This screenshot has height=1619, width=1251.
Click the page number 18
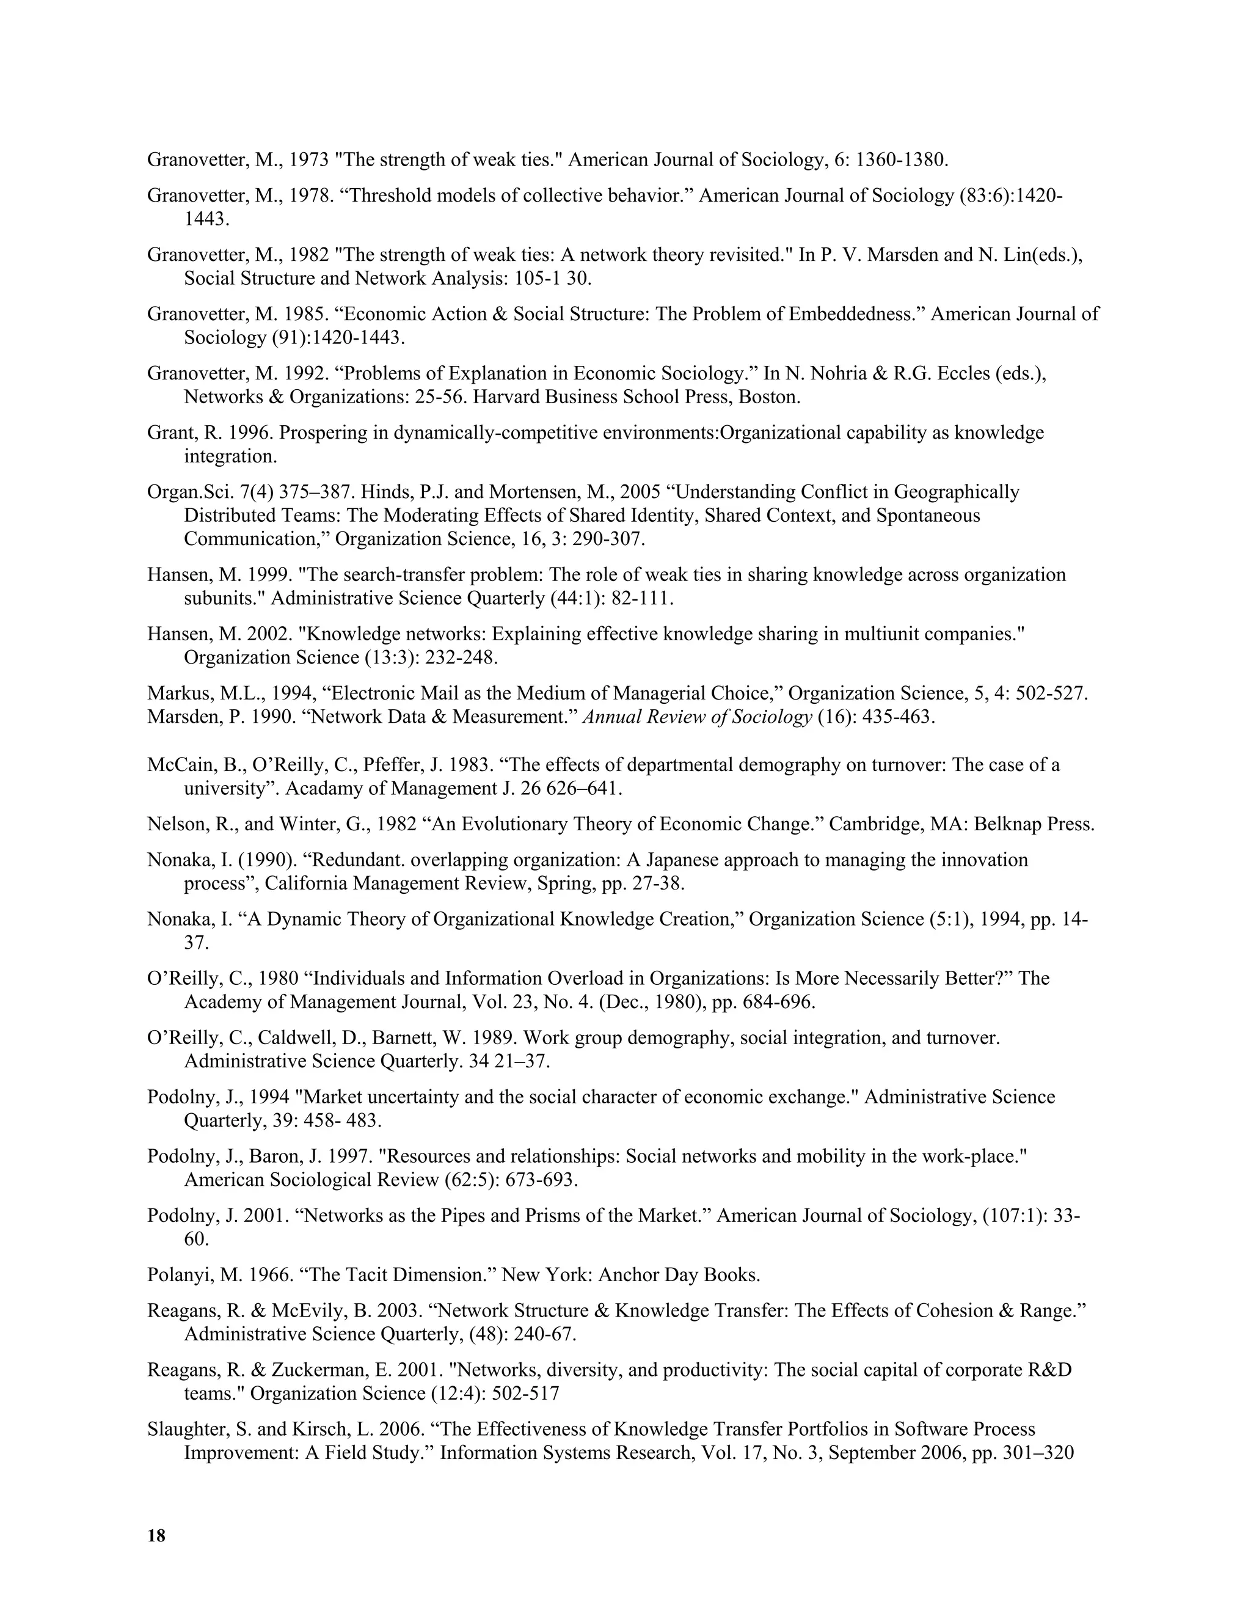click(x=156, y=1536)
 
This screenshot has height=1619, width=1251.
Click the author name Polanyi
click(x=176, y=1275)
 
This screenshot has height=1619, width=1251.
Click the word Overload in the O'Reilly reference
click(x=530, y=979)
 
